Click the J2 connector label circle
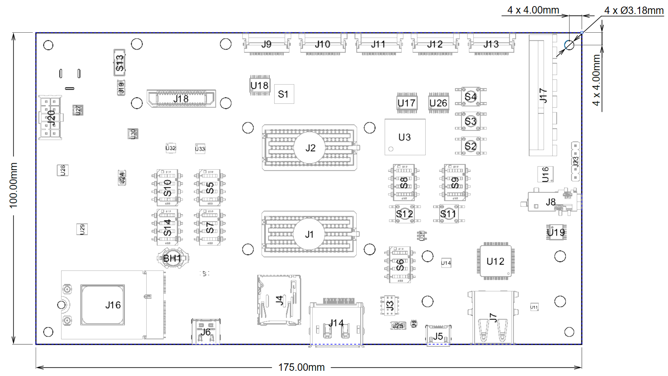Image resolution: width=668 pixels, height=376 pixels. click(x=310, y=148)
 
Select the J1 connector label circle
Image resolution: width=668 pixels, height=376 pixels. click(x=309, y=234)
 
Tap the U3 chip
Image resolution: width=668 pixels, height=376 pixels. click(x=405, y=137)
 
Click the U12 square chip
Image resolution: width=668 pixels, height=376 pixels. click(x=495, y=261)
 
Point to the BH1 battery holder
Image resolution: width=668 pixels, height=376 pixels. click(x=172, y=258)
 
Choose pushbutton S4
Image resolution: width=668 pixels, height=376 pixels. click(x=470, y=96)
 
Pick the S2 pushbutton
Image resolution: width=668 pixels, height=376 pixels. click(x=470, y=146)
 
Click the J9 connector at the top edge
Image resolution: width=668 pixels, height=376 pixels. click(x=266, y=44)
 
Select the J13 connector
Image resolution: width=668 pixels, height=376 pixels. click(x=491, y=44)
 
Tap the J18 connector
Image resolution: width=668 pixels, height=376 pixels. click(x=181, y=99)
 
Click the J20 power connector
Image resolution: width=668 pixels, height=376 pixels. click(x=51, y=117)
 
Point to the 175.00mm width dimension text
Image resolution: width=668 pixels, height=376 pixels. click(x=301, y=367)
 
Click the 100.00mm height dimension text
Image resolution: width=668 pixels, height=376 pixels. click(x=14, y=185)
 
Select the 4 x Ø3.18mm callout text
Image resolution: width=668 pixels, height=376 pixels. click(x=634, y=10)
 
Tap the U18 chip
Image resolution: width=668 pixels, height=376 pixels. click(x=259, y=85)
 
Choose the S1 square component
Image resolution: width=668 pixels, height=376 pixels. click(x=284, y=94)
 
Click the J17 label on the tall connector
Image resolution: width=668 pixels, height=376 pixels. click(x=543, y=95)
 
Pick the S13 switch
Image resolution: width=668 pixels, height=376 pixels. click(x=120, y=63)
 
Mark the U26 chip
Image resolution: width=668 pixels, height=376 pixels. click(x=438, y=103)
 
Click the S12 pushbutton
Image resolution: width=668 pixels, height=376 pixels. click(x=404, y=214)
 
